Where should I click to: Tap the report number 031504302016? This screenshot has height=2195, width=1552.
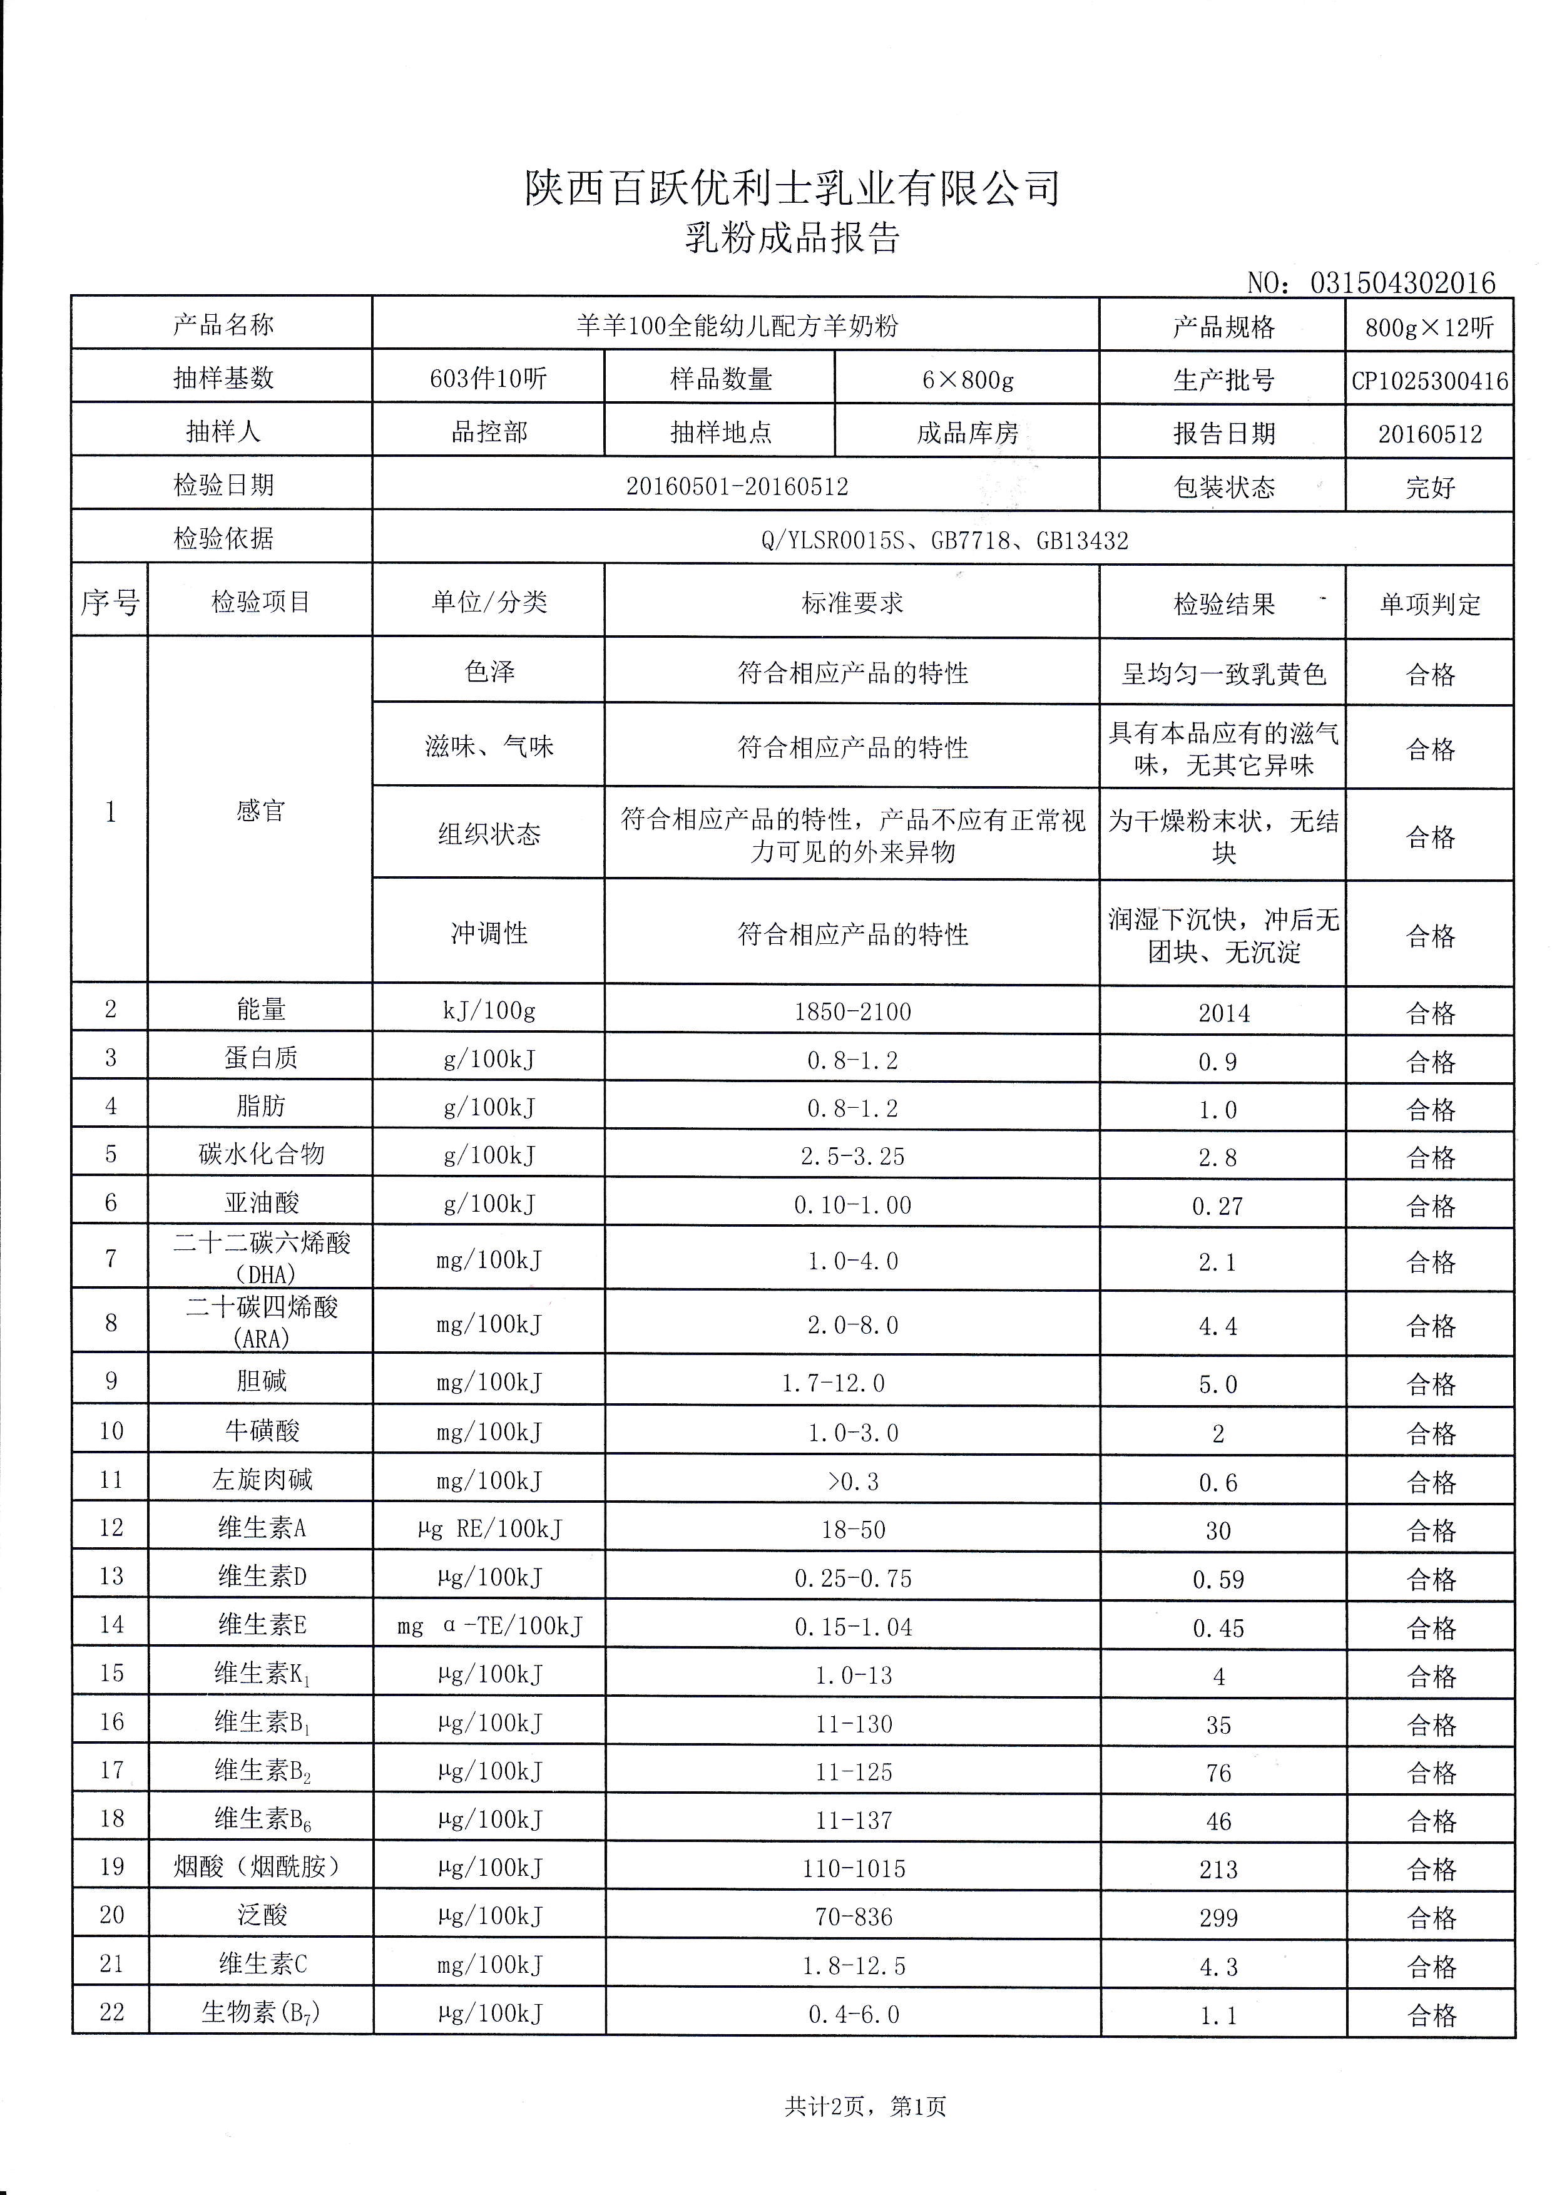[x=1402, y=283]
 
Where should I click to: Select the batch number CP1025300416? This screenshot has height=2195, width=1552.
[x=1429, y=381]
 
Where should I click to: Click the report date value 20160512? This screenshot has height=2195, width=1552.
[x=1429, y=434]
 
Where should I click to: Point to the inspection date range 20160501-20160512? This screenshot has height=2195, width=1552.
[x=737, y=486]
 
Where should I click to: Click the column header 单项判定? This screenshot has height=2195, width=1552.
[x=1429, y=604]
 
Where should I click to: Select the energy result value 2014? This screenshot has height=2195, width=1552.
[x=1223, y=1013]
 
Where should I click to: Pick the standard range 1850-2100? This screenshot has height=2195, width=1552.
[x=852, y=1011]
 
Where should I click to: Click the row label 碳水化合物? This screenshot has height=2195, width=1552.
[x=261, y=1154]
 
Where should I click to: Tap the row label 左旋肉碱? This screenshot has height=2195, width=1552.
[x=261, y=1480]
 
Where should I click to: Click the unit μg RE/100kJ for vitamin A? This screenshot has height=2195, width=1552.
[x=489, y=1528]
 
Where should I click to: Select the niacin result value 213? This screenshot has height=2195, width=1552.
[x=1218, y=1870]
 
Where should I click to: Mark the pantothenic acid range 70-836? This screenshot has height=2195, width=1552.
[x=854, y=1917]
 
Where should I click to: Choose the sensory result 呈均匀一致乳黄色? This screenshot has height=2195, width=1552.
[x=1223, y=675]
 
